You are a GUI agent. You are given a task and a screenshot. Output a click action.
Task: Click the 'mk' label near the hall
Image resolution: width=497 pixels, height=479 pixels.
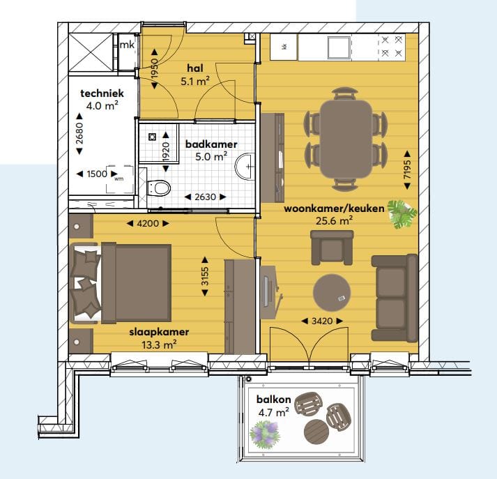(127, 45)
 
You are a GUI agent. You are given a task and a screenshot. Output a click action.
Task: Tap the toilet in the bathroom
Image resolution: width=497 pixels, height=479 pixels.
(160, 188)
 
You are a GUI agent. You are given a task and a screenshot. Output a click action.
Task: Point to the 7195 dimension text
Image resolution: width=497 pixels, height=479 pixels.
(407, 168)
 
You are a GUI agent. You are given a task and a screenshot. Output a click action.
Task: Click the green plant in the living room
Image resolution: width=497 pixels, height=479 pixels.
(402, 213)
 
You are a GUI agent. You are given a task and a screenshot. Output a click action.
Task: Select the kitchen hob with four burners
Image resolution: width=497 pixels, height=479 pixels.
(392, 47)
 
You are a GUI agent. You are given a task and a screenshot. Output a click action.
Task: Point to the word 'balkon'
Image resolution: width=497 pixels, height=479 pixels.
(268, 400)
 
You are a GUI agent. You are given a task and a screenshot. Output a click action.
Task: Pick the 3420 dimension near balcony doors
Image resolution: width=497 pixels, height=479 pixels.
(321, 321)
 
